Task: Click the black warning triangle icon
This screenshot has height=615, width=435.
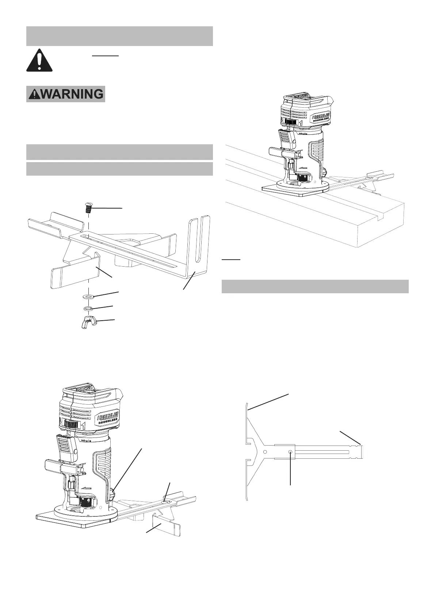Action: coord(39,60)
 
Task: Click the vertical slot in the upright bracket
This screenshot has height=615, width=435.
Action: coord(198,241)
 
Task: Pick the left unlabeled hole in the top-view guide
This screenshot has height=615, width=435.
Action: coord(265,452)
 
